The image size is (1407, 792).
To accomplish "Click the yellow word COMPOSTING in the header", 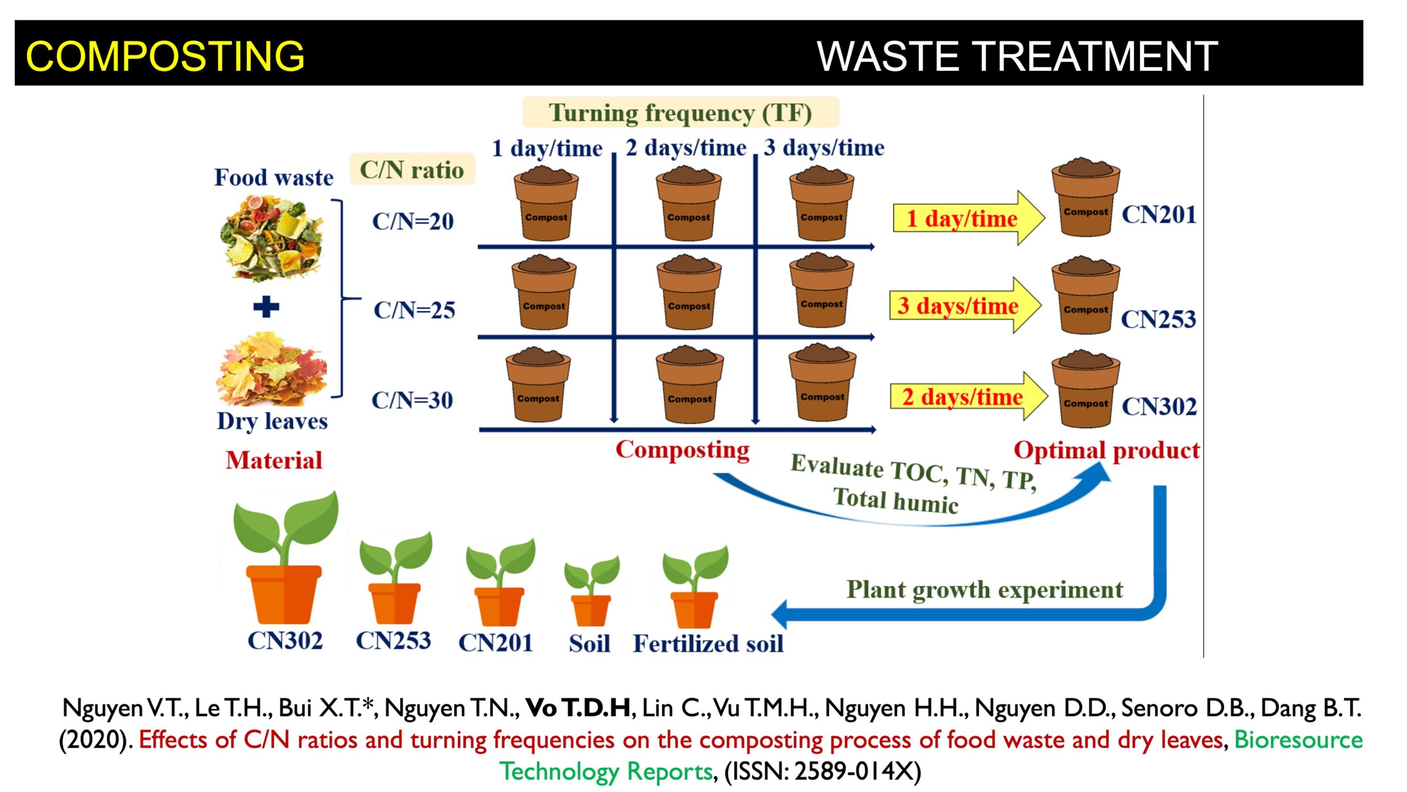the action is click(x=165, y=56).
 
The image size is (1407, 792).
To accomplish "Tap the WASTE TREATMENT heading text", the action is click(x=1017, y=56).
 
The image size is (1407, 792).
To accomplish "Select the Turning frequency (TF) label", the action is click(x=680, y=113).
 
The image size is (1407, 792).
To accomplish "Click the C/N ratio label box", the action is click(x=412, y=169).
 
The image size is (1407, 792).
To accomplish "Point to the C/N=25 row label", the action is click(x=414, y=310).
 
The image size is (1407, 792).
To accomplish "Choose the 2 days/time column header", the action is click(x=686, y=147).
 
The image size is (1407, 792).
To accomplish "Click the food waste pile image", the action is click(x=272, y=238).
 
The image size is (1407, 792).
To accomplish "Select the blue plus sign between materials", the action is click(x=266, y=307).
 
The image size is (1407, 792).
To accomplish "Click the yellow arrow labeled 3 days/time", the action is click(x=965, y=306).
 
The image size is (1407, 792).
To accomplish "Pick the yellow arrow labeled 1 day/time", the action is click(x=968, y=218).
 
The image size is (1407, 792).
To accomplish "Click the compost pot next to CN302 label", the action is click(x=1085, y=388).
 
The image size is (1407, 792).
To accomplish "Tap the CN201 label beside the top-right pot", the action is click(x=1159, y=215).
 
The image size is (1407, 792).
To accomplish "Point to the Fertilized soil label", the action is click(x=708, y=643).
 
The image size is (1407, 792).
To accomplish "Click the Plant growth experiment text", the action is click(x=984, y=590).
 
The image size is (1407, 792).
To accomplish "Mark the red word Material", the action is click(x=274, y=460).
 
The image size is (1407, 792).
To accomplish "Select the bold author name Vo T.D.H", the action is click(x=578, y=708).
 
